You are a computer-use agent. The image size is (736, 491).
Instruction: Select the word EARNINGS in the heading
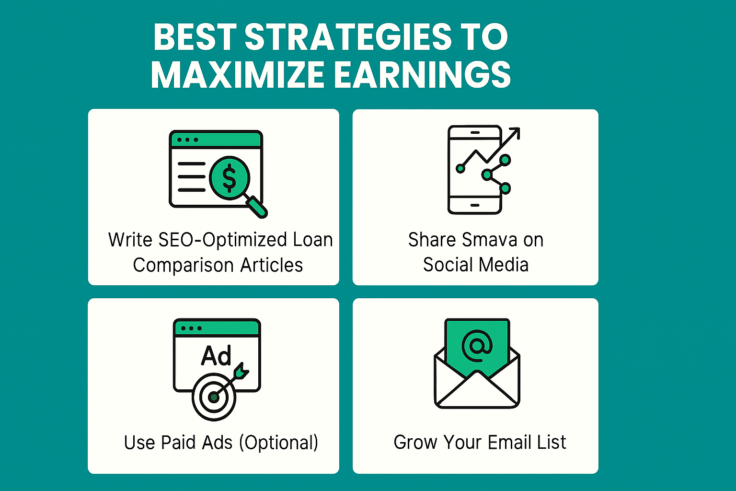tap(423, 75)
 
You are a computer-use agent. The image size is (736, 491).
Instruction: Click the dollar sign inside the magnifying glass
tap(229, 178)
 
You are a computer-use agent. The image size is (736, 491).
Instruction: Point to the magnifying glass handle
tap(257, 206)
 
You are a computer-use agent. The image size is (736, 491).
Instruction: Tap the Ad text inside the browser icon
tap(216, 355)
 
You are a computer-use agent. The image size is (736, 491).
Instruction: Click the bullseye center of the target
tap(214, 397)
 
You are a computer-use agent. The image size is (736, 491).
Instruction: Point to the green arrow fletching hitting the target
tap(241, 372)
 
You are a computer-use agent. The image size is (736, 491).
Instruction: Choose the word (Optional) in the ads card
tap(278, 443)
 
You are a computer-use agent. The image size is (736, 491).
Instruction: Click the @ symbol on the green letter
tap(477, 346)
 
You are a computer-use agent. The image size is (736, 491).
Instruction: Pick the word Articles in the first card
tap(271, 265)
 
